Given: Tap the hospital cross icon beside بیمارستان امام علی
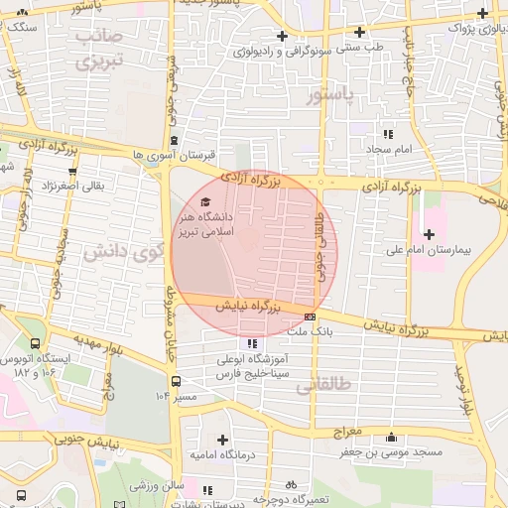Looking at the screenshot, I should (429, 234).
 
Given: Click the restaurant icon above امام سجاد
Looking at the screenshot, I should (388, 133).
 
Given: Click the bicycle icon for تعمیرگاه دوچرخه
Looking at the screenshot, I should (291, 485).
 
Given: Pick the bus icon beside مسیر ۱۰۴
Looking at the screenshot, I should (176, 380).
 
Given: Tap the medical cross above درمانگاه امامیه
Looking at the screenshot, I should (222, 439).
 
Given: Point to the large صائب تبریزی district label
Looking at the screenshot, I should (96, 51).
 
